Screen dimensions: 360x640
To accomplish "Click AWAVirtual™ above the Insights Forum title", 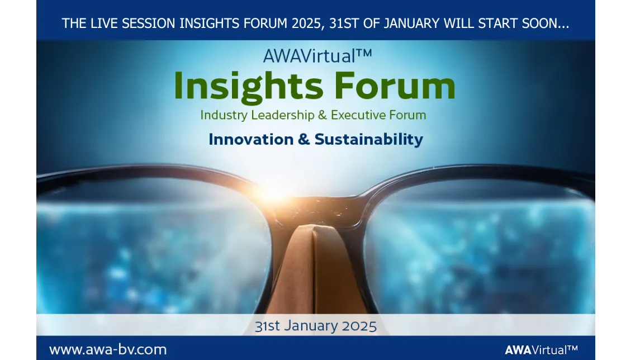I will (x=317, y=56).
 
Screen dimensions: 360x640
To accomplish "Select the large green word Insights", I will (x=248, y=87).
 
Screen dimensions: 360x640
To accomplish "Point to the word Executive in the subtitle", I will (x=357, y=115).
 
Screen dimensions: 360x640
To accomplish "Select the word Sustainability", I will (x=369, y=139).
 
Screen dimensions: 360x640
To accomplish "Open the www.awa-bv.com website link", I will (x=108, y=350).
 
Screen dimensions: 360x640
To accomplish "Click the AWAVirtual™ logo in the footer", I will (x=541, y=350).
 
